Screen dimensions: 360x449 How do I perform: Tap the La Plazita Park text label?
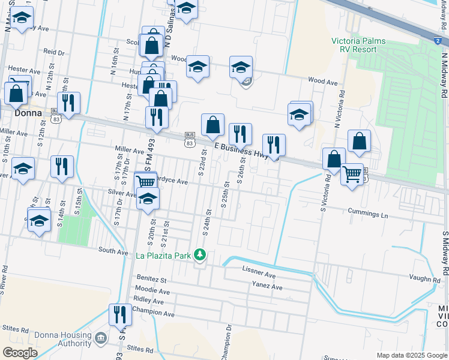163,256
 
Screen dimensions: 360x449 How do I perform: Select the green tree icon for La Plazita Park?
200,256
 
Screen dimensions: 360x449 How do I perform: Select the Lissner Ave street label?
259,275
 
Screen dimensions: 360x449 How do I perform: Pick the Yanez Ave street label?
267,287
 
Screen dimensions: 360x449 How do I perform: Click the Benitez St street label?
151,279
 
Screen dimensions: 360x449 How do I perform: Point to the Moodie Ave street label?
154,291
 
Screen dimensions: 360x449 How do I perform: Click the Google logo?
20,353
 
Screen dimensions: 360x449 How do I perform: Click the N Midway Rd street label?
445,75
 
